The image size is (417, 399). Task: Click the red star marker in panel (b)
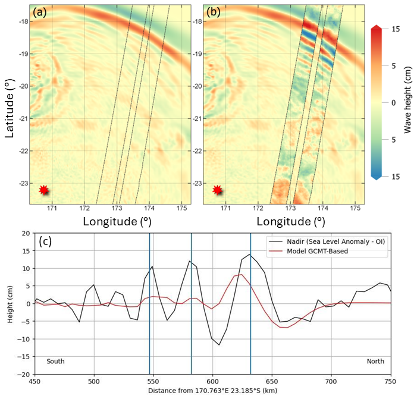[x=218, y=190]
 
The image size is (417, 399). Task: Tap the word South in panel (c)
[x=56, y=361]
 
